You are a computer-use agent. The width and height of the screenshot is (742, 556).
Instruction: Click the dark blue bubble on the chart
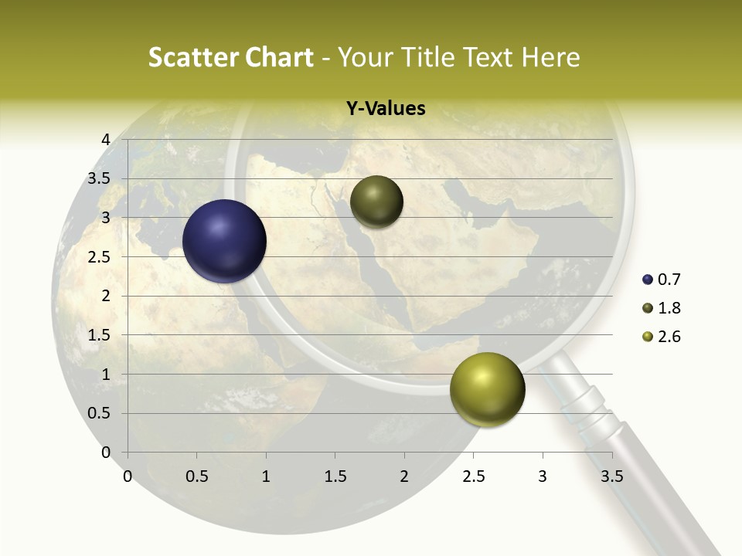pos(225,241)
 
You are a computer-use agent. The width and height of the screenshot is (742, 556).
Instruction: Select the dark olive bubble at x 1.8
pos(376,202)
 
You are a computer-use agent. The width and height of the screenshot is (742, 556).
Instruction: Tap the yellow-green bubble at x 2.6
pos(487,389)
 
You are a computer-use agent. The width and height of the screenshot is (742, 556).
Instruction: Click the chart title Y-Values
pos(386,109)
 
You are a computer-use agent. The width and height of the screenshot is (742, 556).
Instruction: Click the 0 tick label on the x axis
pos(128,476)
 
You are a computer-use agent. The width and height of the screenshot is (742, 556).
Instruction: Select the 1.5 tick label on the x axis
pos(335,476)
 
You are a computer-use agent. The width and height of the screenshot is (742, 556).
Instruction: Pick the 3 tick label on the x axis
pos(543,476)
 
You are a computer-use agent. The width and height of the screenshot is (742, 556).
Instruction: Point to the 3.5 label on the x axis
pos(611,476)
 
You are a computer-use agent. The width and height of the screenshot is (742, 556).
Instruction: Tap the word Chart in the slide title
pos(280,57)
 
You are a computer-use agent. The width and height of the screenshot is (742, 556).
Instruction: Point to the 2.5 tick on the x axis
pos(474,476)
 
